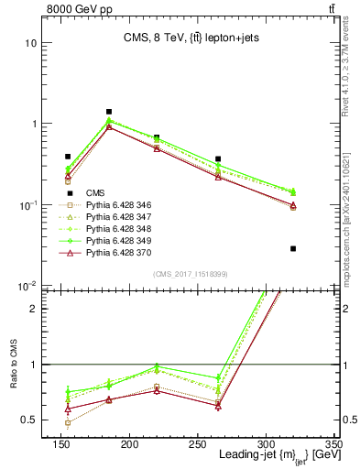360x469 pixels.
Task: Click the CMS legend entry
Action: [x=94, y=192]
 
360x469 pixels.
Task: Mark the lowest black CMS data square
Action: [x=293, y=248]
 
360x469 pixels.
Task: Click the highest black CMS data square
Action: [x=109, y=112]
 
